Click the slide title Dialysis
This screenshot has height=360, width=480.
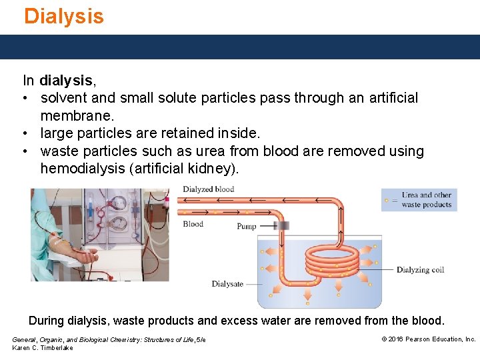click(x=64, y=16)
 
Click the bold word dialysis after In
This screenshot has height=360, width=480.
click(x=66, y=81)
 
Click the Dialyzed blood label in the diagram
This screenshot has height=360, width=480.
click(x=208, y=189)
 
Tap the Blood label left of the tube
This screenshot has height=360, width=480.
click(x=193, y=224)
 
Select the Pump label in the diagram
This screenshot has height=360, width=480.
click(x=247, y=227)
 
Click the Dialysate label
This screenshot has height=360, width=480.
click(x=227, y=284)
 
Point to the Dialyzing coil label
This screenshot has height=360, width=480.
click(x=420, y=270)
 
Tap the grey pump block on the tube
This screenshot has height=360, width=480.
click(x=281, y=226)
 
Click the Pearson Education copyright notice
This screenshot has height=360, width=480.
click(x=428, y=339)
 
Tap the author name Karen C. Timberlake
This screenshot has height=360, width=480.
click(x=43, y=348)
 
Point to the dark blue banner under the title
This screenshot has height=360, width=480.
click(x=240, y=47)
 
